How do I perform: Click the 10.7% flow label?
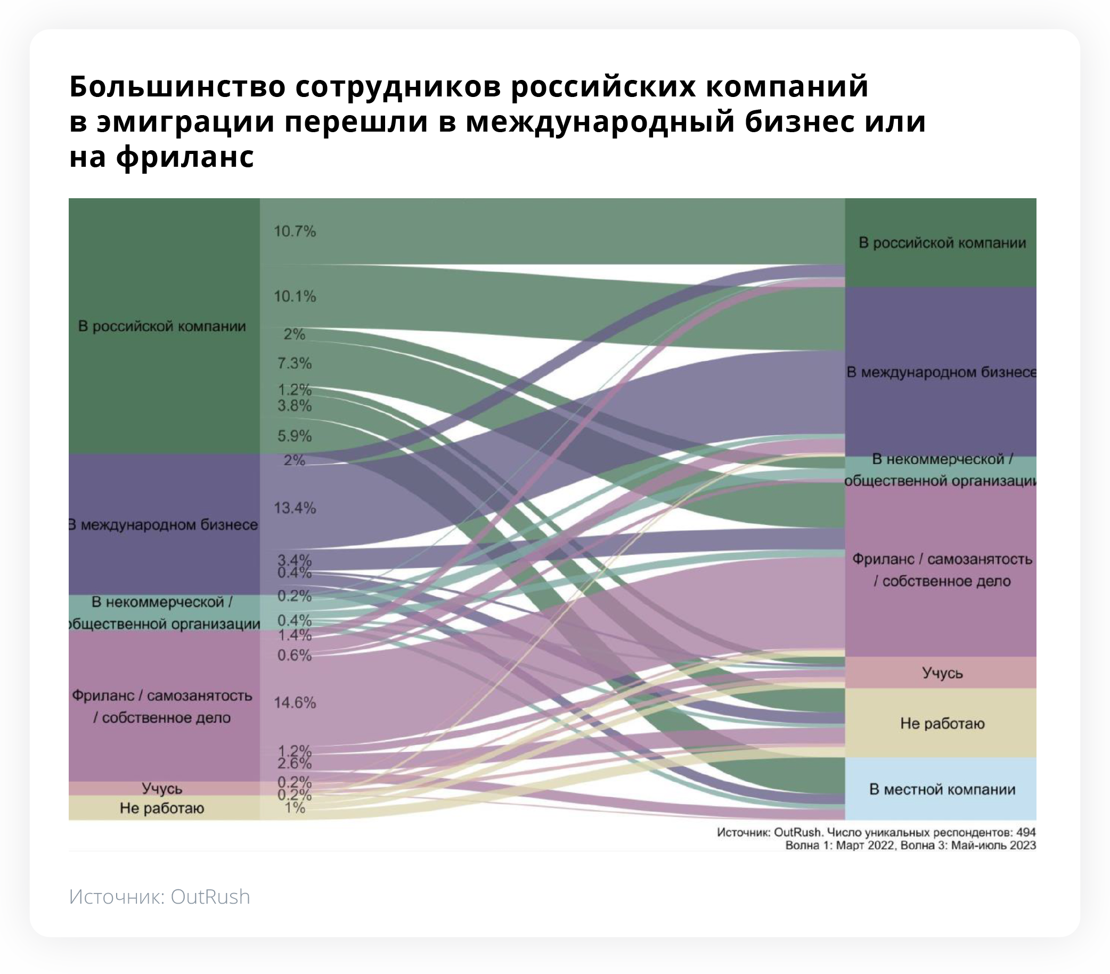coord(295,231)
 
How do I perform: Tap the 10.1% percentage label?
coord(295,297)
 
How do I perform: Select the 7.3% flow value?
coord(295,363)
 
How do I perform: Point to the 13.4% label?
coord(295,508)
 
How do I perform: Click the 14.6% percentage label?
coord(295,702)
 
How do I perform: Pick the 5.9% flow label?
coord(295,436)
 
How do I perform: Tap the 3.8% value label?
coord(295,406)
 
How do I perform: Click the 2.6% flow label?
coord(295,764)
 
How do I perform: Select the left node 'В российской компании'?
coord(162,326)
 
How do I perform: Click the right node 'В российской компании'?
coord(942,242)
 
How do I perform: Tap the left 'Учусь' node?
coord(162,788)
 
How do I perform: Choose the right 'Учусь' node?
coord(942,673)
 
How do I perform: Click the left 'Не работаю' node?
coord(162,808)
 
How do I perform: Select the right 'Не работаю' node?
coord(942,724)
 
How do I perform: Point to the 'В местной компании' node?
coord(942,789)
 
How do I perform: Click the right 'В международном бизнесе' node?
coord(942,372)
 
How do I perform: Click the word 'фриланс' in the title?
coord(185,157)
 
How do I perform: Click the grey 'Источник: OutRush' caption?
coord(160,897)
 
